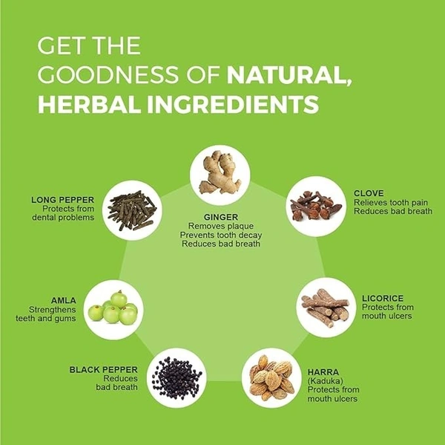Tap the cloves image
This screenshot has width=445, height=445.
pos(316,206)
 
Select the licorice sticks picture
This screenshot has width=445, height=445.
pos(326,307)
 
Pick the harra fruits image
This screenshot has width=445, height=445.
pos(272,378)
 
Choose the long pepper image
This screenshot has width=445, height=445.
pos(133,210)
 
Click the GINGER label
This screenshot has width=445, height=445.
pos(221,217)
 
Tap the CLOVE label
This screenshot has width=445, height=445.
pos(369,193)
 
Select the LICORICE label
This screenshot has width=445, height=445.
pos(383,299)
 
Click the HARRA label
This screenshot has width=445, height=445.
pos(323,372)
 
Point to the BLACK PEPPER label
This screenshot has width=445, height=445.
pos(104,370)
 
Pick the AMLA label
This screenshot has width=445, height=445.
pos(64,301)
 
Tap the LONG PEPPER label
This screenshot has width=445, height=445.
pos(63,200)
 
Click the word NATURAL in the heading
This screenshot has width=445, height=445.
pos(289,74)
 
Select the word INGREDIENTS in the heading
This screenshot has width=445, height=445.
pos(233,104)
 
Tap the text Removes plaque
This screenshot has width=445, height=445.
pos(221,226)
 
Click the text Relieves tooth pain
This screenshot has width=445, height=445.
pos(391,203)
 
